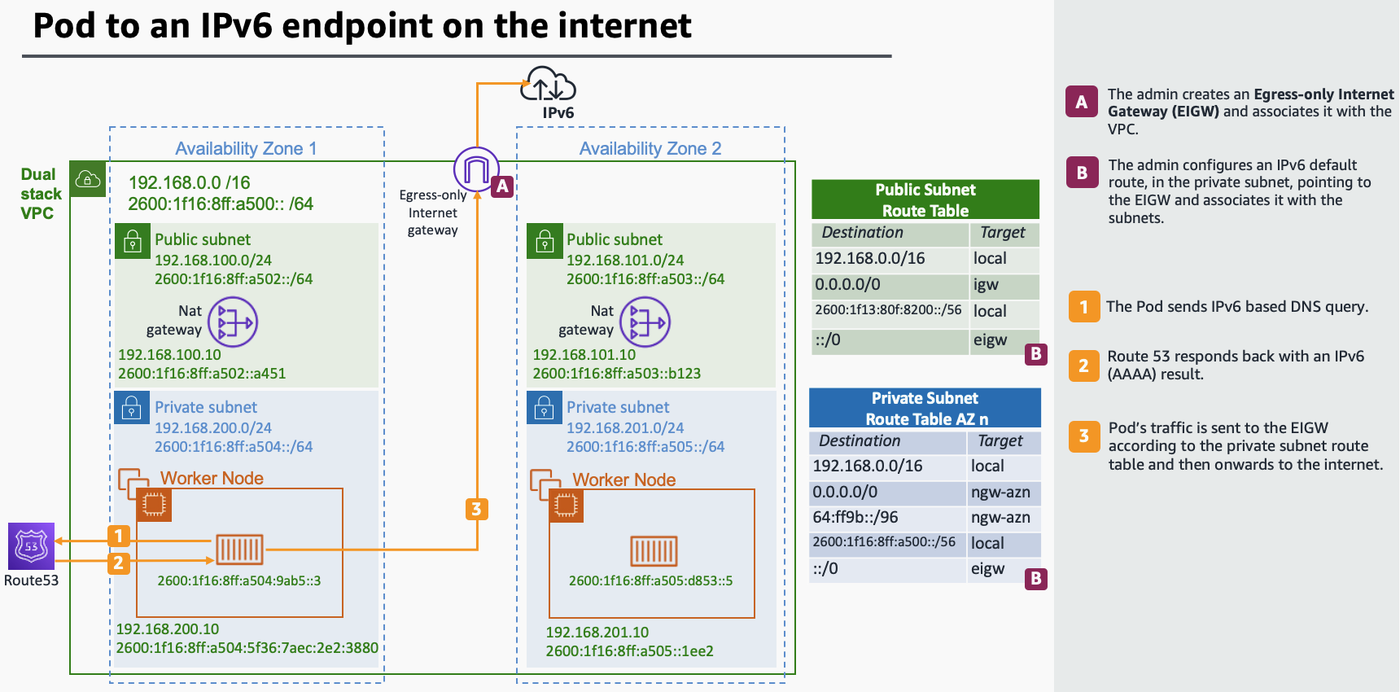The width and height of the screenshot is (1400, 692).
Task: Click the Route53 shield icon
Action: [31, 545]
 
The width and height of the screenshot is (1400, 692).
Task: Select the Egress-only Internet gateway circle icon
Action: [476, 169]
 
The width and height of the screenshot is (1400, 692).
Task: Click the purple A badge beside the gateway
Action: [502, 186]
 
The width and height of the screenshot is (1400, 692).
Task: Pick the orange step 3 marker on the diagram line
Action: [476, 510]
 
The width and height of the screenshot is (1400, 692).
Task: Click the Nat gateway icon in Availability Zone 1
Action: [233, 322]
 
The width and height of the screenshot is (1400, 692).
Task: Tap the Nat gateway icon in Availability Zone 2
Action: [645, 322]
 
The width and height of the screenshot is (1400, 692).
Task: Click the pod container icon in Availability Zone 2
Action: [654, 551]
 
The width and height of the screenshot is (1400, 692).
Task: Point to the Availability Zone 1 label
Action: [246, 148]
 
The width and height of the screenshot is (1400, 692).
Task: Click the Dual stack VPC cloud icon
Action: [87, 179]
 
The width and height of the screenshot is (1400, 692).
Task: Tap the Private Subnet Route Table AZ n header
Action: [925, 408]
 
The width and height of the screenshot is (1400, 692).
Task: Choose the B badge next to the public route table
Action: [1035, 354]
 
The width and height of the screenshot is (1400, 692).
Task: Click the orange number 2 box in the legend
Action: [1083, 366]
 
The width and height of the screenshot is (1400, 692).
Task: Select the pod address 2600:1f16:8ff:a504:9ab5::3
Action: [238, 580]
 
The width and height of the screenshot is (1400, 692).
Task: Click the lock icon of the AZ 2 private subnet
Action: [544, 407]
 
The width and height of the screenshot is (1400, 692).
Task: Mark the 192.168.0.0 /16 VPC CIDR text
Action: [189, 182]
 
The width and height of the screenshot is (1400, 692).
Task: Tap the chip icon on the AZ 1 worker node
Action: [153, 505]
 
